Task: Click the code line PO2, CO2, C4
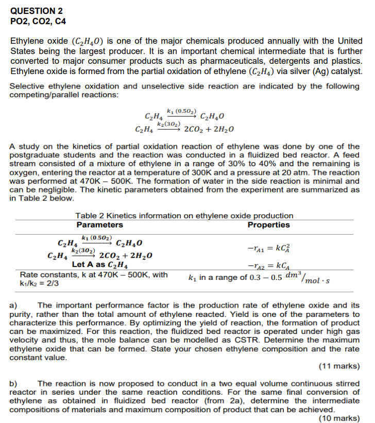[x=38, y=21]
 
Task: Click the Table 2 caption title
[x=184, y=216]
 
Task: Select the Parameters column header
[x=99, y=225]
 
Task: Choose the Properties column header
[x=268, y=225]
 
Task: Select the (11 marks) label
[x=339, y=366]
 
